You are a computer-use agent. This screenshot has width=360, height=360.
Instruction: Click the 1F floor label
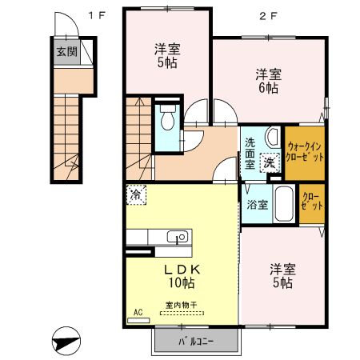click(x=97, y=14)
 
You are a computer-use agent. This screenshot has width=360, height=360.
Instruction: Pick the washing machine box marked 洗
click(x=270, y=163)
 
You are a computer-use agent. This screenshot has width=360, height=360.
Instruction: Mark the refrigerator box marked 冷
click(x=138, y=194)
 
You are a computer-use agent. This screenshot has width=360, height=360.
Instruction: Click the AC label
click(x=138, y=312)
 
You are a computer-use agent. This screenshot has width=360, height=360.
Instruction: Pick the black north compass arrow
click(x=66, y=340)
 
